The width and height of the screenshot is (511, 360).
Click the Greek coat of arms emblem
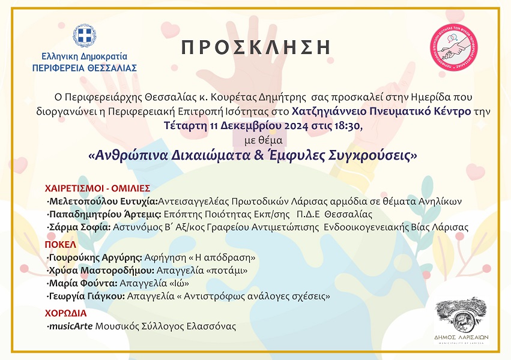85,35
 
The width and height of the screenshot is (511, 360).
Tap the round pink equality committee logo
453,47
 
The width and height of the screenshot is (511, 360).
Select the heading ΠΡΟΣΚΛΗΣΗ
256,47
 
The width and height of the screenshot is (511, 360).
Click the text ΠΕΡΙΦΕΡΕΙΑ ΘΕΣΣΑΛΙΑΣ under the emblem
85,68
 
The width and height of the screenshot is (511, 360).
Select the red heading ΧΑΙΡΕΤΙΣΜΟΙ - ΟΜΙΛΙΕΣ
97,188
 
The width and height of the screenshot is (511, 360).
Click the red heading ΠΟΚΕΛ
61,244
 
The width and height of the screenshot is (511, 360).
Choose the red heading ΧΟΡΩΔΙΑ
66,313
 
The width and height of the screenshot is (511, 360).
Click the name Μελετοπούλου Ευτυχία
103,202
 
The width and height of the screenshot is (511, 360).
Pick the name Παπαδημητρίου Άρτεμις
105,214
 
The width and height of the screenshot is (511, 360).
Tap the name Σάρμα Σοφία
80,227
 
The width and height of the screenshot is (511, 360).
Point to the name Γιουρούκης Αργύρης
95,257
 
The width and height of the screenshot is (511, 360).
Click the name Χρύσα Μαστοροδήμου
101,270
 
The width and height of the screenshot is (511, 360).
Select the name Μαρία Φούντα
83,283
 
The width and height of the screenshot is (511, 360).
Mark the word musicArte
71,326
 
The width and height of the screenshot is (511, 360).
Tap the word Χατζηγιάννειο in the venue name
329,112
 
